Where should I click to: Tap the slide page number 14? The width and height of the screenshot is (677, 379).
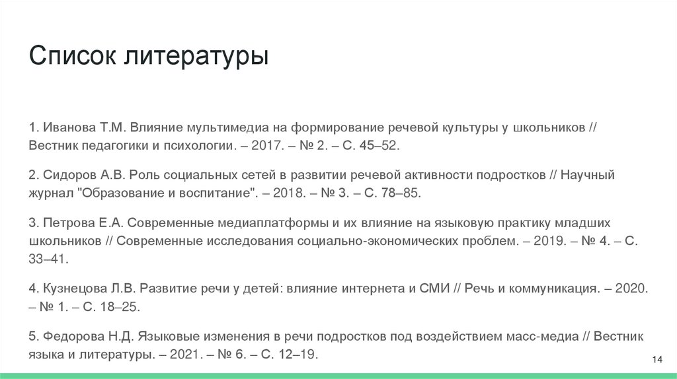click(657, 359)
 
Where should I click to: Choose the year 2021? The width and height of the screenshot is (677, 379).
click(186, 355)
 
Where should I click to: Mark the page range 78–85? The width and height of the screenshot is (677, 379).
click(401, 193)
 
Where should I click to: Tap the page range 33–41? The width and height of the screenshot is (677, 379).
click(48, 259)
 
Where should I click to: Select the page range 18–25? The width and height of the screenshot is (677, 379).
click(120, 307)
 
